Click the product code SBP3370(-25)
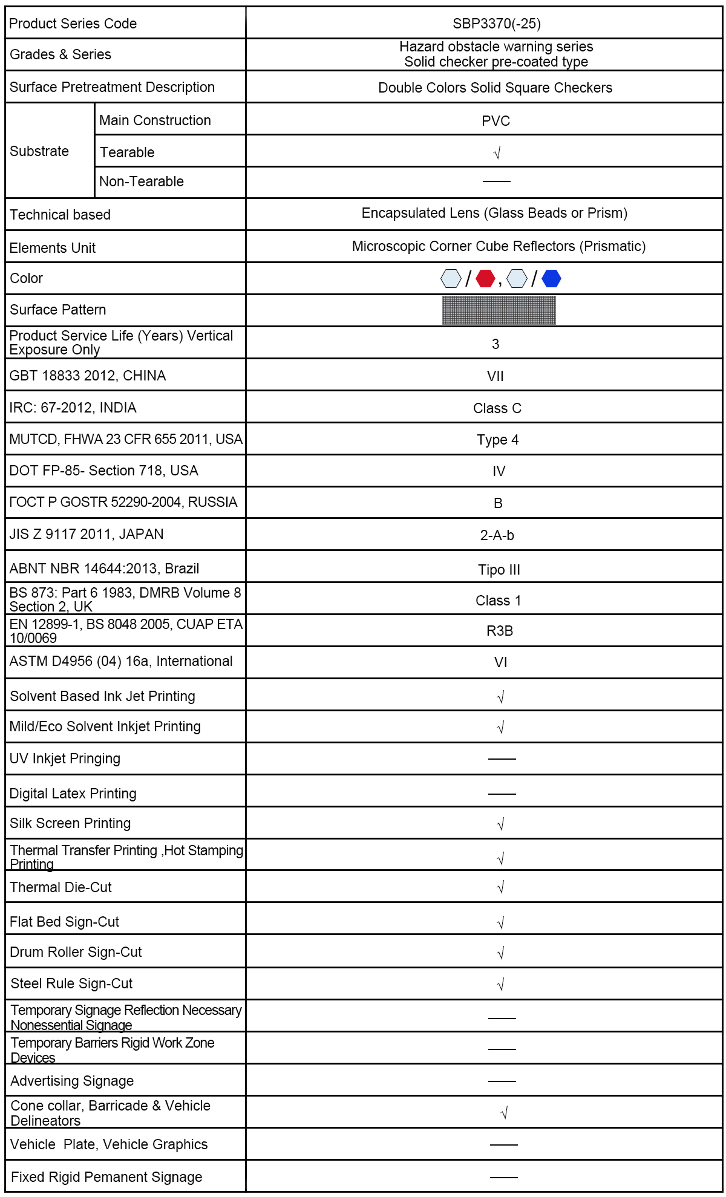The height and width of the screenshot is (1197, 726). click(496, 24)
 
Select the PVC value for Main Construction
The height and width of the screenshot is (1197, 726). click(495, 121)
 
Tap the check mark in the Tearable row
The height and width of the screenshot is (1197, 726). click(497, 153)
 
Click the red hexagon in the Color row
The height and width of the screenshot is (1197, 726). click(485, 279)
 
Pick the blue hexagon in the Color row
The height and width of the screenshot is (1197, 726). click(551, 279)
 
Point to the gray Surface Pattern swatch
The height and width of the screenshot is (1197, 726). click(499, 310)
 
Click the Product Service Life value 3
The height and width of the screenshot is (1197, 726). click(495, 344)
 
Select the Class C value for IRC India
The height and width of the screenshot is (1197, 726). click(497, 408)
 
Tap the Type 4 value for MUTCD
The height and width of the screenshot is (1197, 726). click(497, 440)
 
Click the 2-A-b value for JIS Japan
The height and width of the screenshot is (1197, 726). click(497, 535)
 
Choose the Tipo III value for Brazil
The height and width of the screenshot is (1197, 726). click(499, 570)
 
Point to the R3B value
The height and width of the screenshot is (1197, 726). click(499, 631)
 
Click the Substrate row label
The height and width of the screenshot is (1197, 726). click(39, 151)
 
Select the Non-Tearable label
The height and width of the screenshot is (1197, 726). click(142, 181)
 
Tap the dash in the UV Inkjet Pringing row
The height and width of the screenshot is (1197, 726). click(502, 758)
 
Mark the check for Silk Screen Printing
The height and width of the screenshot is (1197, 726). click(500, 824)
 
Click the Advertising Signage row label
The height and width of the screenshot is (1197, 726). click(72, 1081)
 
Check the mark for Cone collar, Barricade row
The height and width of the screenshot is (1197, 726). click(504, 1113)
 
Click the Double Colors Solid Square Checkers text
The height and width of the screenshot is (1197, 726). click(495, 88)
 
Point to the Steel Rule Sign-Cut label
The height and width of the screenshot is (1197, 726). click(71, 983)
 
